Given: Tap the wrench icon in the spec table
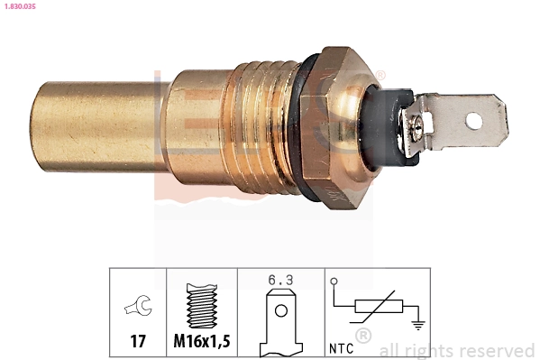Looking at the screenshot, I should (x=138, y=307).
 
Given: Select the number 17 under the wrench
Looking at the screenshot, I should (x=138, y=343).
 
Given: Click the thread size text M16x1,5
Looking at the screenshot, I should (x=201, y=343).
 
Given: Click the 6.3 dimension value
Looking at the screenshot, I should (x=280, y=280).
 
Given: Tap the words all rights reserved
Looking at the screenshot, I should (x=457, y=350).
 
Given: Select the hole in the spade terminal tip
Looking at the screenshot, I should (x=475, y=116).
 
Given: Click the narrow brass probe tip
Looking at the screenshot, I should (x=95, y=126).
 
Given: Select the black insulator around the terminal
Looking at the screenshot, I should (x=385, y=126).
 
